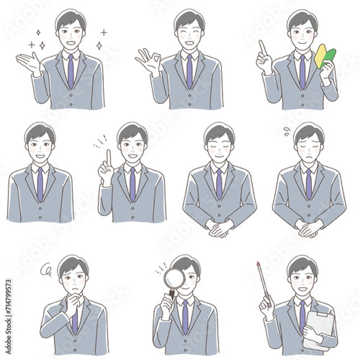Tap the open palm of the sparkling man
click(x=28, y=61)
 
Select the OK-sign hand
click(x=146, y=61)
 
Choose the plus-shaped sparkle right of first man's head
click(x=103, y=32)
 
